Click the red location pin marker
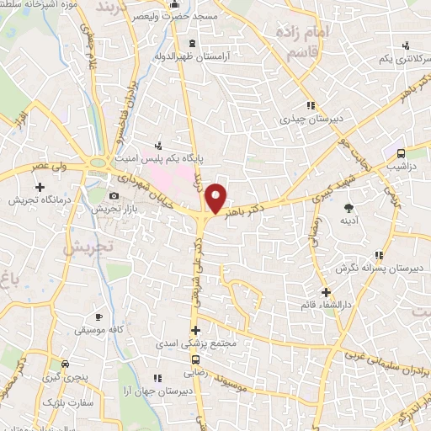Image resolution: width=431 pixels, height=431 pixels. coord(216,198)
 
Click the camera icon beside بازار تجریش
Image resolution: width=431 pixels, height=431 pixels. coord(114,195)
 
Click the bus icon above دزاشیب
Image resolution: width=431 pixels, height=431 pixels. coord(401,153)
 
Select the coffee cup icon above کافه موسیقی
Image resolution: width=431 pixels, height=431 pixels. coord(99,317)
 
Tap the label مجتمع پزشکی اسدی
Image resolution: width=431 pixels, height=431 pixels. coord(195,344)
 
